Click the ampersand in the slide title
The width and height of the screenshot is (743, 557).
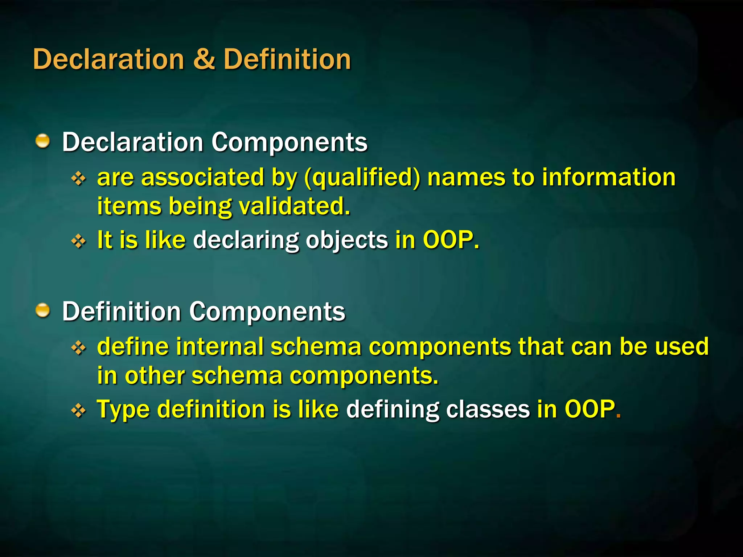[204, 59]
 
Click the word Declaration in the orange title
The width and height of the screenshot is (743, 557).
[108, 59]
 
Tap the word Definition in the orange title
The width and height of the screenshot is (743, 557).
[287, 59]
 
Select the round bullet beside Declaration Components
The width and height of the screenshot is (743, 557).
[43, 141]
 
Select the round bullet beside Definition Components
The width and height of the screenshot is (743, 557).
[43, 311]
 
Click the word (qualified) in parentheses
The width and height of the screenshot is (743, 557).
[362, 178]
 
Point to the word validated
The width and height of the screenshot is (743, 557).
[294, 206]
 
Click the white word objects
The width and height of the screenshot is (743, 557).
[346, 241]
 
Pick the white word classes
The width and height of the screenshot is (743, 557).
[488, 409]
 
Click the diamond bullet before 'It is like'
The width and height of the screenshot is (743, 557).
[79, 241]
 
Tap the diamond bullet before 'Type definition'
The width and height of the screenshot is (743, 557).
[79, 410]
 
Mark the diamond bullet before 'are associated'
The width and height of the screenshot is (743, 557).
[79, 178]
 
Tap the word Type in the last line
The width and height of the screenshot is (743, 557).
[123, 410]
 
